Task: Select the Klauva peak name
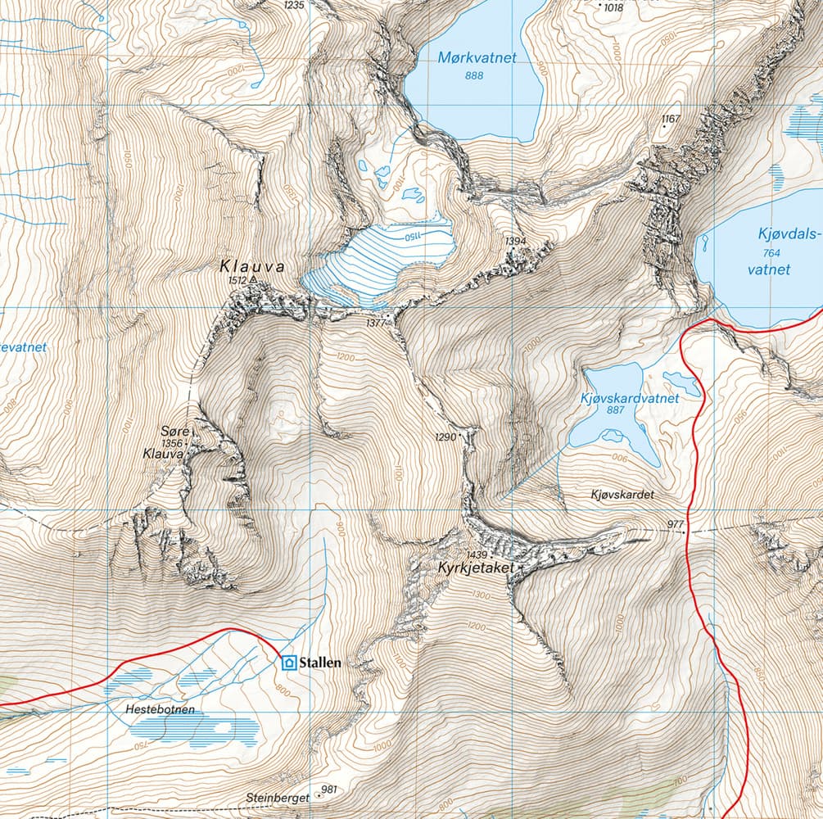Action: (x=251, y=267)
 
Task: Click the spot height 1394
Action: (x=515, y=241)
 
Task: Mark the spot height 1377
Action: (x=376, y=324)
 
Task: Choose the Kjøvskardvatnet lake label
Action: (x=629, y=399)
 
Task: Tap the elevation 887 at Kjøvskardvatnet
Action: (x=629, y=412)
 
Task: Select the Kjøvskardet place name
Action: (x=623, y=495)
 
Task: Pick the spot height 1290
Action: (x=446, y=437)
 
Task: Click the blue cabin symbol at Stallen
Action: (x=288, y=663)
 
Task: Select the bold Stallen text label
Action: (x=320, y=663)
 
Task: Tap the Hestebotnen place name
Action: (x=161, y=709)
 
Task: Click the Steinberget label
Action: (x=278, y=797)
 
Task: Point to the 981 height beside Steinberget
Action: (x=329, y=790)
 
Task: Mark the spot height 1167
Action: (x=671, y=120)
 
